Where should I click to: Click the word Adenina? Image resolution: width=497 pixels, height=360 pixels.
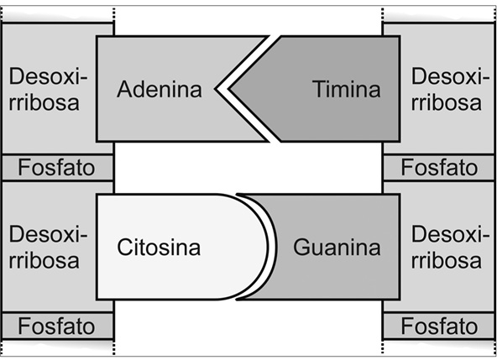pos(160,89)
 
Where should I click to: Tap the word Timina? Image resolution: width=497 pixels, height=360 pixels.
pos(347,89)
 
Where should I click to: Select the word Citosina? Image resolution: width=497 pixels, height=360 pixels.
pos(159,248)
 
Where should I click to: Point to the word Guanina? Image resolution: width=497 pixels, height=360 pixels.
pos(337,248)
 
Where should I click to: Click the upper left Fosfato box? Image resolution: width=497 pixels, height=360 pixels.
pos(57,167)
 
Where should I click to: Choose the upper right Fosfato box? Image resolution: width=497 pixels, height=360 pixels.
pos(439,167)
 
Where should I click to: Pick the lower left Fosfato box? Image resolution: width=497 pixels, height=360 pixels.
pos(57,326)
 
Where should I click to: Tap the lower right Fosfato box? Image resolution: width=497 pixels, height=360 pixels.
pos(439,326)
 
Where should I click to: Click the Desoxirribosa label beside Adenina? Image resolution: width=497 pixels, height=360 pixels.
pos(48,89)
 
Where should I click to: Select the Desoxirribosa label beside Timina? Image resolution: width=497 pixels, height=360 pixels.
pos(446,89)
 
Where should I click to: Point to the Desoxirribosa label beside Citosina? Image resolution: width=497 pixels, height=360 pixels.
pos(48,247)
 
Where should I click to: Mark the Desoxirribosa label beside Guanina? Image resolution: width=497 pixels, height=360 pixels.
pos(446,247)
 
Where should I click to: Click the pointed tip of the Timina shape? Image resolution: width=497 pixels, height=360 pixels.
pos(228,89)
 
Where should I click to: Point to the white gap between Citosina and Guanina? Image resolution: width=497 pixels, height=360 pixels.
pos(273,247)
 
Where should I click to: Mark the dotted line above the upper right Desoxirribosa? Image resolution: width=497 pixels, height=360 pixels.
pos(383,15)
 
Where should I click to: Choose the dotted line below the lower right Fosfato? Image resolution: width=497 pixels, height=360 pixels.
pos(383,347)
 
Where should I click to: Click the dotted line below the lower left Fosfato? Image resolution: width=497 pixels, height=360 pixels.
pos(114,347)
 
